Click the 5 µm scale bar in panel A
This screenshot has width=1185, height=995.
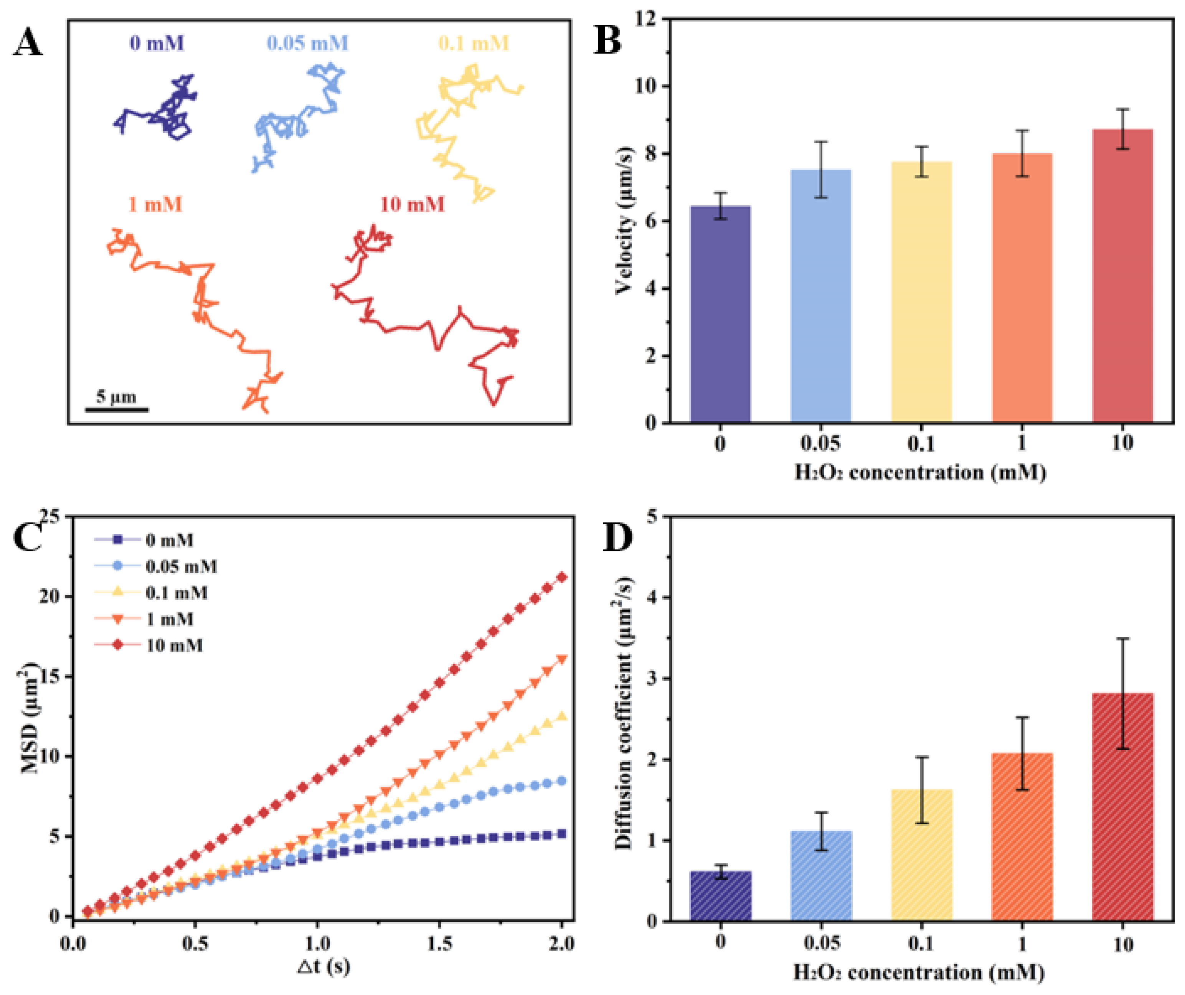[117, 409]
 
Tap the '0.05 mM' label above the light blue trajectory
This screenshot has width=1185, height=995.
[307, 43]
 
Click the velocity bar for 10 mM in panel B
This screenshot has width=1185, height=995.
[1122, 282]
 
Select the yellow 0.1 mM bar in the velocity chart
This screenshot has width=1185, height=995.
[921, 294]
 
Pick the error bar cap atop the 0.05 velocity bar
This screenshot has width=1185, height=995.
[821, 142]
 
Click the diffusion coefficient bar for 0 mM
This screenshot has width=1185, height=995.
[721, 898]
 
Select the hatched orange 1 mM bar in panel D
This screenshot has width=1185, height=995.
[1022, 838]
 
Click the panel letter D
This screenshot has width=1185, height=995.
[617, 538]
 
